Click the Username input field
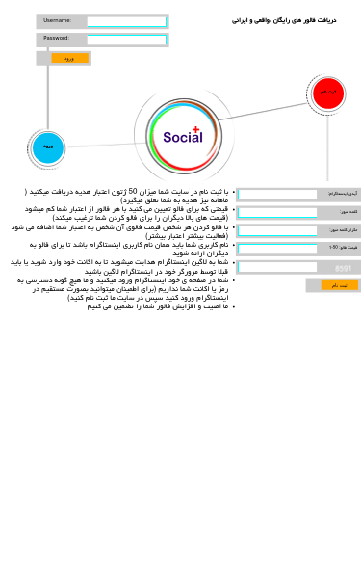(127, 21)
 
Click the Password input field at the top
(127, 40)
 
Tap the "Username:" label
(57, 20)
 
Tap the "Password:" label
(56, 39)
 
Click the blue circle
(47, 147)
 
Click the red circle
(327, 93)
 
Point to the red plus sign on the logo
(195, 129)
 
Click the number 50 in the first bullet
(133, 192)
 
